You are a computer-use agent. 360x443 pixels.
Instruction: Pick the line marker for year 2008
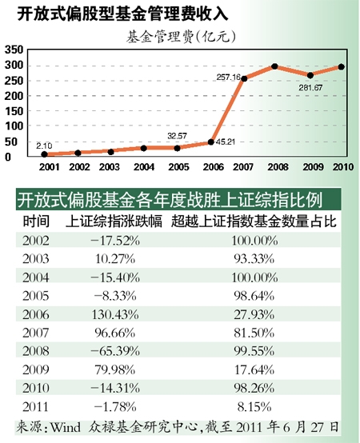point(274,66)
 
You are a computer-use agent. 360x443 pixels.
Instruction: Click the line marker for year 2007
point(243,78)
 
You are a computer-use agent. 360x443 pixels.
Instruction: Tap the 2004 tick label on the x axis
point(145,168)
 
